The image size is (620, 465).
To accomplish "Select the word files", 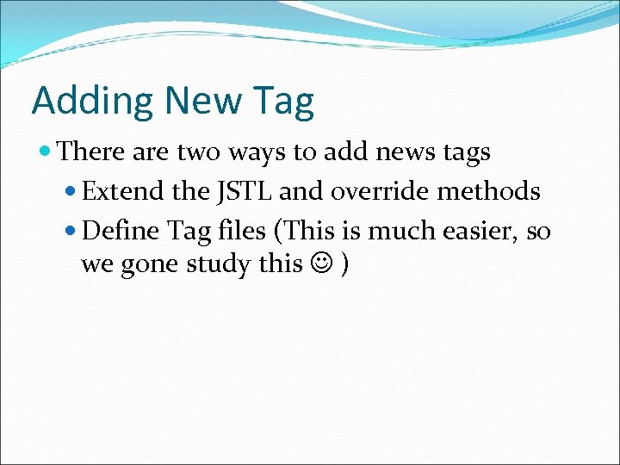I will tap(247, 231).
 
